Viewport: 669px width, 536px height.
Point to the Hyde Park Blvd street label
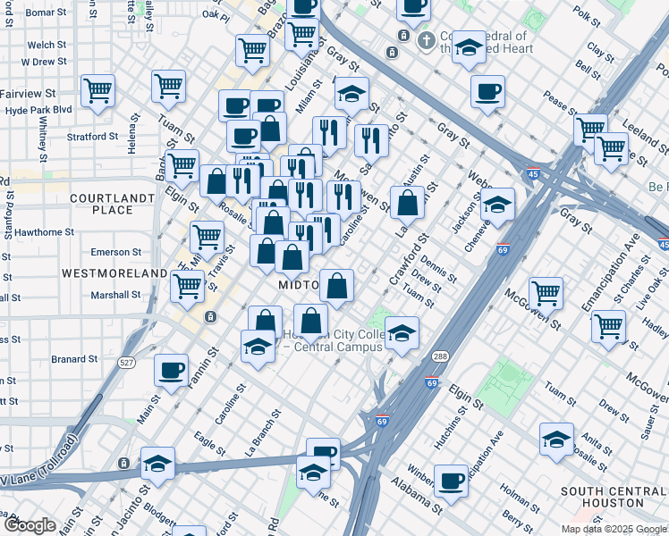point(37,109)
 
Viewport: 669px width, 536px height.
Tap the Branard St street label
point(74,359)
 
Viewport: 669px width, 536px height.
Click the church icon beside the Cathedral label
point(427,40)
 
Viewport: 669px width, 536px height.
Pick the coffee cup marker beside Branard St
point(171,370)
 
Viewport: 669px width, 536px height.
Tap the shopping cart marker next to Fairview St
point(97,89)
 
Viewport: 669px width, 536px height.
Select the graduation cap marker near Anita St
point(556,439)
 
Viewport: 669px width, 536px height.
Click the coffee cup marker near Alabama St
point(451,481)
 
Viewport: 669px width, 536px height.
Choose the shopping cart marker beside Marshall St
point(187,286)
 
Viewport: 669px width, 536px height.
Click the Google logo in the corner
point(30,525)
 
